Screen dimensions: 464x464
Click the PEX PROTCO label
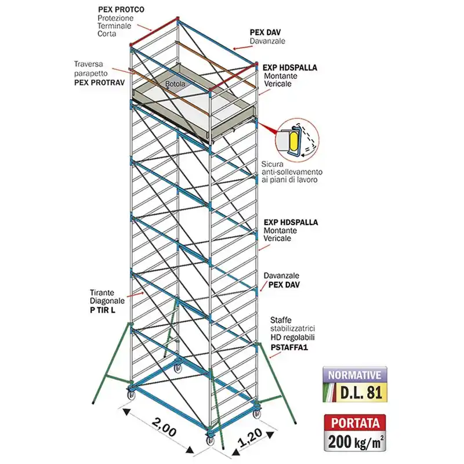(x=121, y=9)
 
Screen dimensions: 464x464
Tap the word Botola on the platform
(x=175, y=84)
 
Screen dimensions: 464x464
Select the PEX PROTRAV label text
(x=99, y=82)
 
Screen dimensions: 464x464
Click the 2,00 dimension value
(x=164, y=427)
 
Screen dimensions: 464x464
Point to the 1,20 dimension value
(x=250, y=437)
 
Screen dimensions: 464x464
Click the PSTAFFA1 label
(x=289, y=347)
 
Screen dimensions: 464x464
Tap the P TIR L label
(x=103, y=310)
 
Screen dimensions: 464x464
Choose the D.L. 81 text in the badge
(x=361, y=393)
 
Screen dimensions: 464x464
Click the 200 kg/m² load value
(x=356, y=443)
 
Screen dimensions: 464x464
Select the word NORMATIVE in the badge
(x=354, y=375)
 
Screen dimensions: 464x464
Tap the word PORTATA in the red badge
(x=355, y=423)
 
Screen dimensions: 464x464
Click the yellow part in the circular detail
(x=295, y=141)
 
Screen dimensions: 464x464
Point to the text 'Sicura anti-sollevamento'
(x=292, y=168)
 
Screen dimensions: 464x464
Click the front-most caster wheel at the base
(x=211, y=440)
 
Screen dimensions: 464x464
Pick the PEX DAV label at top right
(x=265, y=32)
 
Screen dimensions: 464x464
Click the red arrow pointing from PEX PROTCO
(x=145, y=27)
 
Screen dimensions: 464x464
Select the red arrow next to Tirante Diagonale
(x=135, y=295)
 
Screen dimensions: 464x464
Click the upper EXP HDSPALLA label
(x=289, y=68)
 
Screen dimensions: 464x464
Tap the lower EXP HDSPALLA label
(x=291, y=223)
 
